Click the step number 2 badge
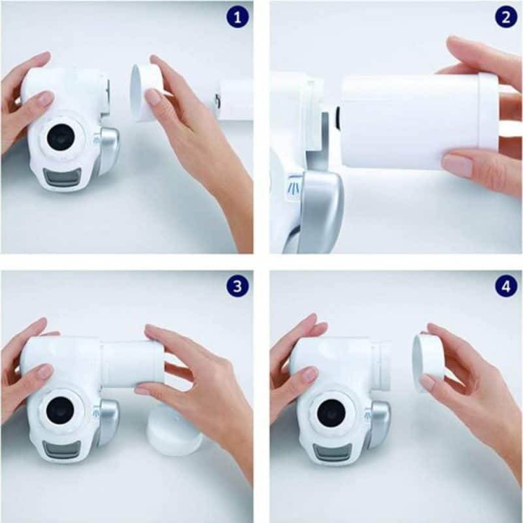(x=505, y=16)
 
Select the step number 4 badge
(x=505, y=286)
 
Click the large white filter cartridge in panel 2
(x=412, y=121)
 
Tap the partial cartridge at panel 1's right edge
(x=235, y=99)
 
